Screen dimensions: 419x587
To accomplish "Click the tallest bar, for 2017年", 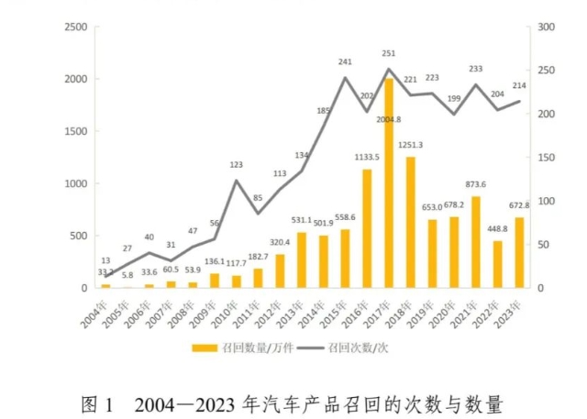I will click(389, 183).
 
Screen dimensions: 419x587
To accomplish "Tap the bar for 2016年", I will click(367, 229).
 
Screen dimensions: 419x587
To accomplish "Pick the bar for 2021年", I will click(475, 242).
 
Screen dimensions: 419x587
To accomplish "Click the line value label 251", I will click(389, 54).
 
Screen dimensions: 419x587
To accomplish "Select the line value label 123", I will click(237, 165).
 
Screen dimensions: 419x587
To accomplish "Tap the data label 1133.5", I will click(367, 157).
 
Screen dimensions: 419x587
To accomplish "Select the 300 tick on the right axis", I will click(547, 28).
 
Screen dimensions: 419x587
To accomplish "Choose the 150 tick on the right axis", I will click(547, 158).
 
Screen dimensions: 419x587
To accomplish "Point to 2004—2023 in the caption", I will click(187, 403).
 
